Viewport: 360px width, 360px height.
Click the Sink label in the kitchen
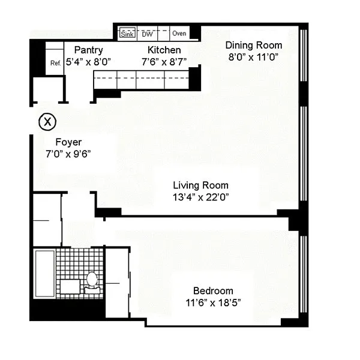coord(127,34)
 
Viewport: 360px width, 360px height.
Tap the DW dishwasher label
coord(147,34)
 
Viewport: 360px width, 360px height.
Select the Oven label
coord(179,33)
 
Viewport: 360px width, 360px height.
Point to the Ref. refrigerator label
coord(56,63)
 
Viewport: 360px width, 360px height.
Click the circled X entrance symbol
coord(47,122)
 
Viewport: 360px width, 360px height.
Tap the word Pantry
coord(89,50)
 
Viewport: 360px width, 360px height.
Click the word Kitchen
coord(164,50)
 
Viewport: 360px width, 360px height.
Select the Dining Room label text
coord(254,45)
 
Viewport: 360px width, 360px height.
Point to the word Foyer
coord(68,142)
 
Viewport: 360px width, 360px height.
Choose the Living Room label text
coord(200,185)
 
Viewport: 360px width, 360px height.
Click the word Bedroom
coord(213,291)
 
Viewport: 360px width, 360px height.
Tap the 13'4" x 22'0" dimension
coord(201,197)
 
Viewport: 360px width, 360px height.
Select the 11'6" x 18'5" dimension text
coord(213,303)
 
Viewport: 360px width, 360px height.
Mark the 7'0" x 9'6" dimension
coord(68,154)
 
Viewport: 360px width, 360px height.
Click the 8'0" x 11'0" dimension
coord(253,57)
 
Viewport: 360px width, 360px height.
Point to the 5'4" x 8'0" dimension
coord(88,62)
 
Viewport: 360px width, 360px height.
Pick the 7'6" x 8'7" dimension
coord(164,62)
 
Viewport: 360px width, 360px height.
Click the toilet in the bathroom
coord(92,283)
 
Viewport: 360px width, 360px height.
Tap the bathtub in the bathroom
coord(45,274)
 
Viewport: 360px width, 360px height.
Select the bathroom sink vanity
coord(70,286)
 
